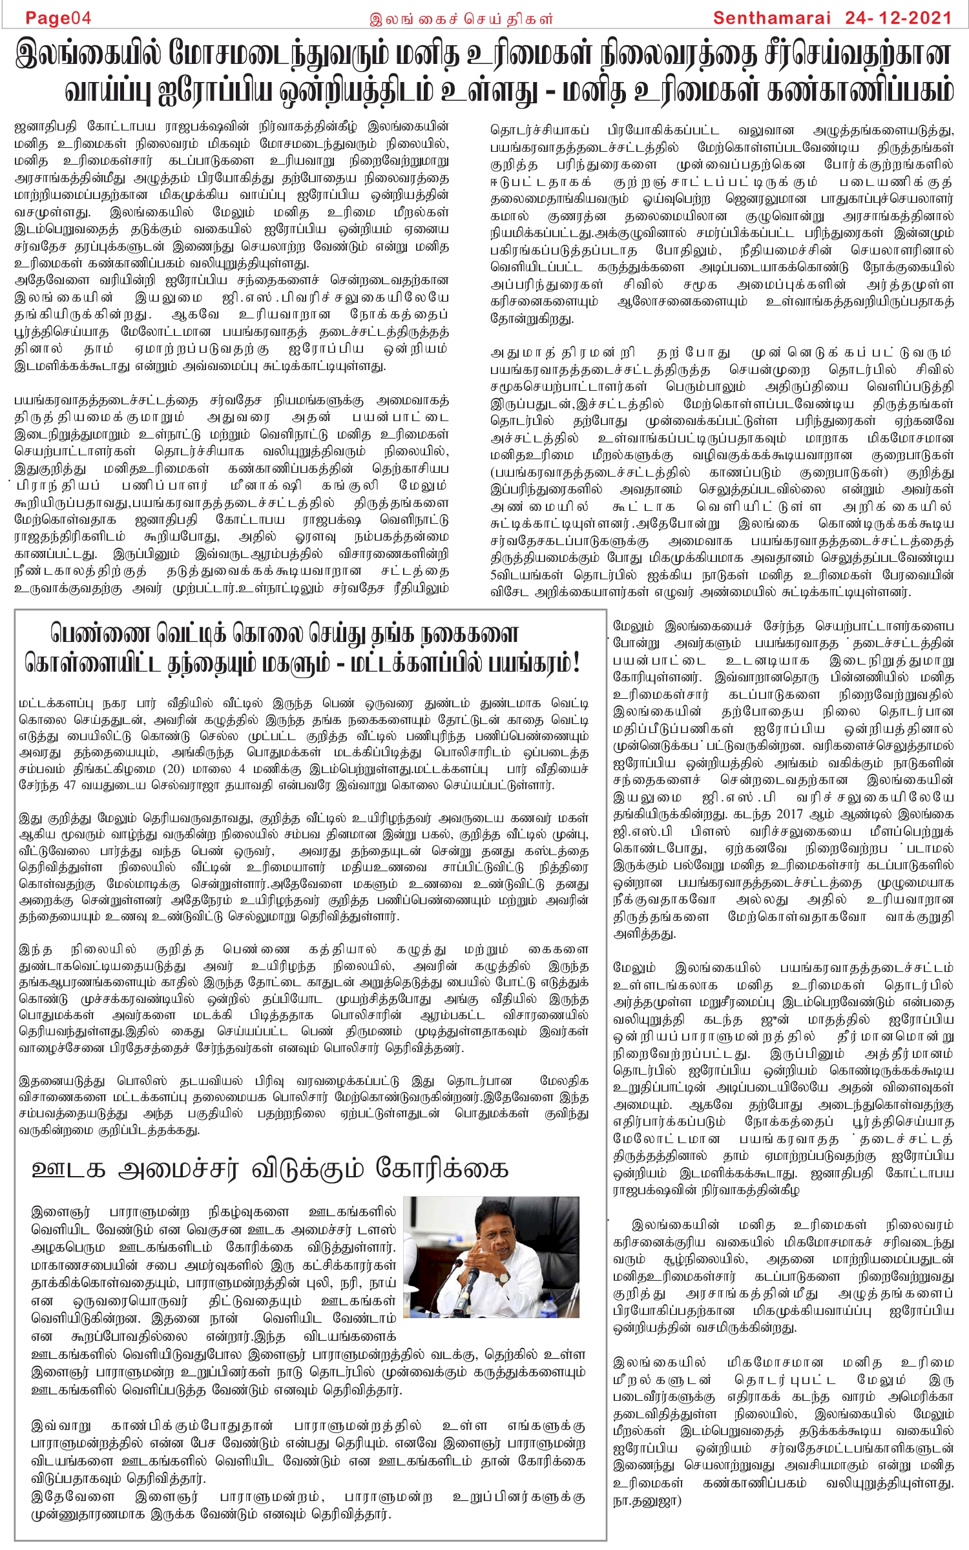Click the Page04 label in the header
58,17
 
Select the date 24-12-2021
898,17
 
